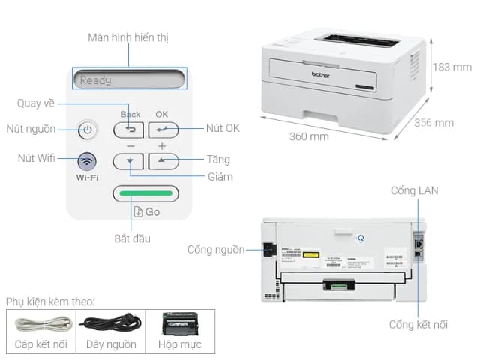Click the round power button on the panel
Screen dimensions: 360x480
(88, 130)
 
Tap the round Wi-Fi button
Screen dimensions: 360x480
(88, 160)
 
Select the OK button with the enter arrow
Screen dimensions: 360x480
(163, 130)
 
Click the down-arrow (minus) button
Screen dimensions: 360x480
(128, 160)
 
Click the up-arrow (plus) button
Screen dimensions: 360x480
(163, 160)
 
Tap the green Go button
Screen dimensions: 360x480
(145, 193)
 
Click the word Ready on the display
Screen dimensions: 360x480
(96, 79)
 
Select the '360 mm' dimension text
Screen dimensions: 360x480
(309, 136)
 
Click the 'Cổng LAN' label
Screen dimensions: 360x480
(414, 190)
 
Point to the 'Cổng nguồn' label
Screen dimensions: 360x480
(216, 249)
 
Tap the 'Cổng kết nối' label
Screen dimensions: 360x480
(418, 324)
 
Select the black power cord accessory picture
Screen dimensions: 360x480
(110, 324)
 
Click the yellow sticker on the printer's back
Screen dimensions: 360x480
(310, 254)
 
